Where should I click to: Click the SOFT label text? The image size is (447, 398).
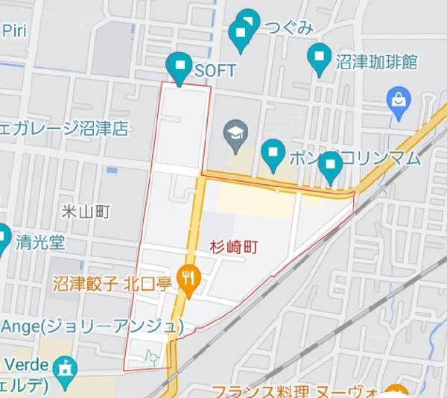tap(215, 71)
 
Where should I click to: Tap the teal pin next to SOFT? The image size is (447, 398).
tap(180, 67)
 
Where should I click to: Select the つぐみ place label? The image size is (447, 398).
tap(287, 28)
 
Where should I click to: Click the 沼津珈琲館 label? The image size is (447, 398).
tap(375, 60)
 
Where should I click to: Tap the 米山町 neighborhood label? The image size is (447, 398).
tap(86, 212)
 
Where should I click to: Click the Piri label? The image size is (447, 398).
tap(14, 30)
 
